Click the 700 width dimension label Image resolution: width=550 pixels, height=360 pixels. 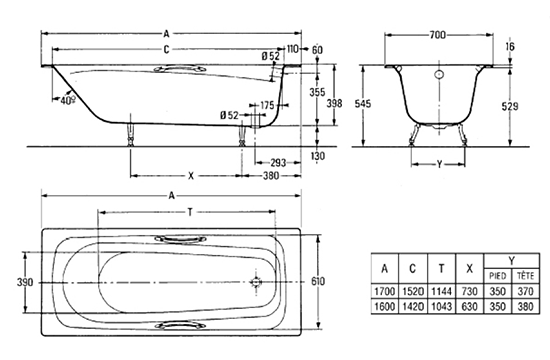pyautogui.click(x=437, y=35)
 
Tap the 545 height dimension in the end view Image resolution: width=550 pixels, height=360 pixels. pyautogui.click(x=363, y=104)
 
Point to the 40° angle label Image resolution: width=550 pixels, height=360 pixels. pyautogui.click(x=68, y=100)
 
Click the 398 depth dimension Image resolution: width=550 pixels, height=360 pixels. pyautogui.click(x=334, y=103)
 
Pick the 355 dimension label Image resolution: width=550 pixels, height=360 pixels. pyautogui.click(x=317, y=92)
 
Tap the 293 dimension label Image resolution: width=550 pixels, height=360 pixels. pyautogui.click(x=278, y=163)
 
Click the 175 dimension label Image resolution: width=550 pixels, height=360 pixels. pyautogui.click(x=267, y=105)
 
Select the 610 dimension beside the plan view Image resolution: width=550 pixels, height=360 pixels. pyautogui.click(x=318, y=281)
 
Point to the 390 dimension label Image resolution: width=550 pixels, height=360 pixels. pyautogui.click(x=25, y=282)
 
